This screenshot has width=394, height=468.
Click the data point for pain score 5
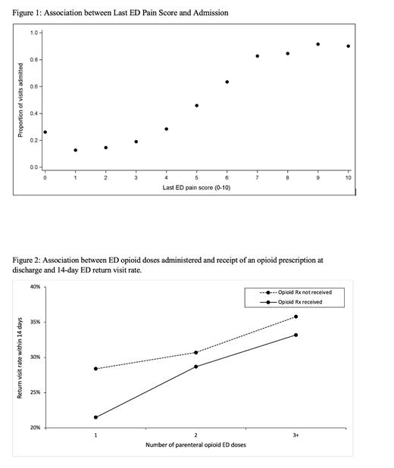pyautogui.click(x=196, y=105)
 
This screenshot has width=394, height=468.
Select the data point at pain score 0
pyautogui.click(x=45, y=133)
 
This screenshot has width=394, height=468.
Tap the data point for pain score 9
pyautogui.click(x=317, y=44)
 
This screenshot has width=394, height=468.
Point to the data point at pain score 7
pyautogui.click(x=257, y=56)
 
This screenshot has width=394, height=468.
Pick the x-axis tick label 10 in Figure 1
pyautogui.click(x=348, y=178)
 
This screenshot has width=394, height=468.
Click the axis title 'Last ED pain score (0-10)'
pyautogui.click(x=196, y=187)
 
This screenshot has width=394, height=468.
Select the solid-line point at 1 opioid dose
pyautogui.click(x=95, y=417)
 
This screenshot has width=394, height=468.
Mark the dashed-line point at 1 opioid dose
pyautogui.click(x=95, y=369)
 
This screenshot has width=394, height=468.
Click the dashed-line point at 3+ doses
pyautogui.click(x=295, y=317)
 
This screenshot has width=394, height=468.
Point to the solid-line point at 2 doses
pyautogui.click(x=195, y=367)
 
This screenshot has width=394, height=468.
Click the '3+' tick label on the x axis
pyautogui.click(x=295, y=435)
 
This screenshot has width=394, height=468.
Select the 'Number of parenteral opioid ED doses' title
pyautogui.click(x=195, y=445)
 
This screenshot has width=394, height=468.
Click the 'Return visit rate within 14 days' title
pyautogui.click(x=20, y=357)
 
